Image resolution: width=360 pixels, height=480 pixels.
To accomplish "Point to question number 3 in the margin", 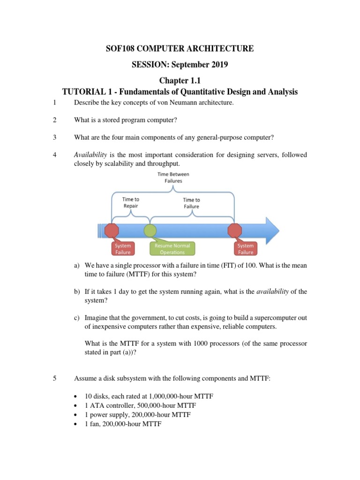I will tap(55, 137).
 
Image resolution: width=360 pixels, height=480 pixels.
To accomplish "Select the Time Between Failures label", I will tap(173, 177).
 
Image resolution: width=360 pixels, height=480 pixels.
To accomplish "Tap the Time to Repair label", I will tap(130, 202).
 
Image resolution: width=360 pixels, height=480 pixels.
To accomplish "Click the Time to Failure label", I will tap(191, 203).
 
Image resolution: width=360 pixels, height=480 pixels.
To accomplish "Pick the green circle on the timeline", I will tap(150, 230).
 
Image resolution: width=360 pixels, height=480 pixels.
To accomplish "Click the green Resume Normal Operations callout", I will tap(172, 249).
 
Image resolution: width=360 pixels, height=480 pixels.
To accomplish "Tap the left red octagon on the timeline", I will tap(112, 230).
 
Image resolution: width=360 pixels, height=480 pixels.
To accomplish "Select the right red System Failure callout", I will tap(245, 249).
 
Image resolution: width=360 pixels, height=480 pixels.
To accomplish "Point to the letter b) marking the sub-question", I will tap(77, 292).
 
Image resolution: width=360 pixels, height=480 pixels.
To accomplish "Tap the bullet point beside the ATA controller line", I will tap(76, 405).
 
